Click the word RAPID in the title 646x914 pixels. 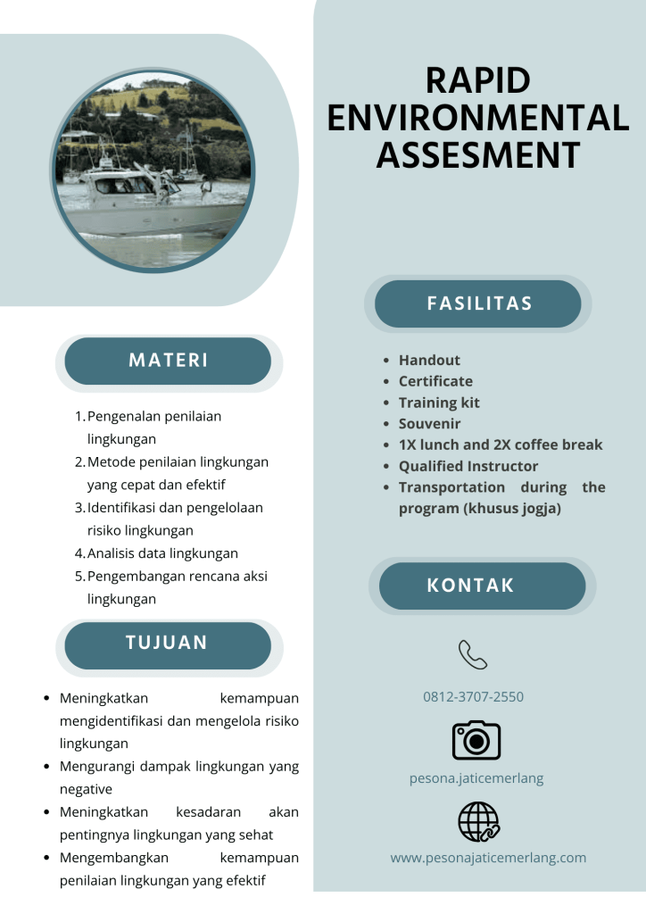(x=477, y=81)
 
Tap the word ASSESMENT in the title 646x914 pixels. (x=477, y=154)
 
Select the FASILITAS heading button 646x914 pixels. (x=478, y=303)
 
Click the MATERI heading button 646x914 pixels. (x=168, y=361)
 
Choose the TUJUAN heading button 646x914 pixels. (x=167, y=643)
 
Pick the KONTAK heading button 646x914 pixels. (x=482, y=586)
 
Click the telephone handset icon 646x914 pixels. (x=473, y=655)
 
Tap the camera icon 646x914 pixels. (x=476, y=740)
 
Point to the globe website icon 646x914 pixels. (x=477, y=821)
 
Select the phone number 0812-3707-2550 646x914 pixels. (x=473, y=696)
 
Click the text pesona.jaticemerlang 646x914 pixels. (x=476, y=777)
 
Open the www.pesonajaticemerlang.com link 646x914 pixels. (x=488, y=858)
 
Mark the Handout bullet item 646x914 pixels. (x=429, y=360)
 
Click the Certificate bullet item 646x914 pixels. (x=435, y=381)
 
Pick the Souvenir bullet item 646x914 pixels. (x=429, y=424)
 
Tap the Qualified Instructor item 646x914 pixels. (x=468, y=466)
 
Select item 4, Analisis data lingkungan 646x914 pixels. (x=162, y=553)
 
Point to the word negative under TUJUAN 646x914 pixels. (x=86, y=789)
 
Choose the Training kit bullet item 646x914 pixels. (x=439, y=403)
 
